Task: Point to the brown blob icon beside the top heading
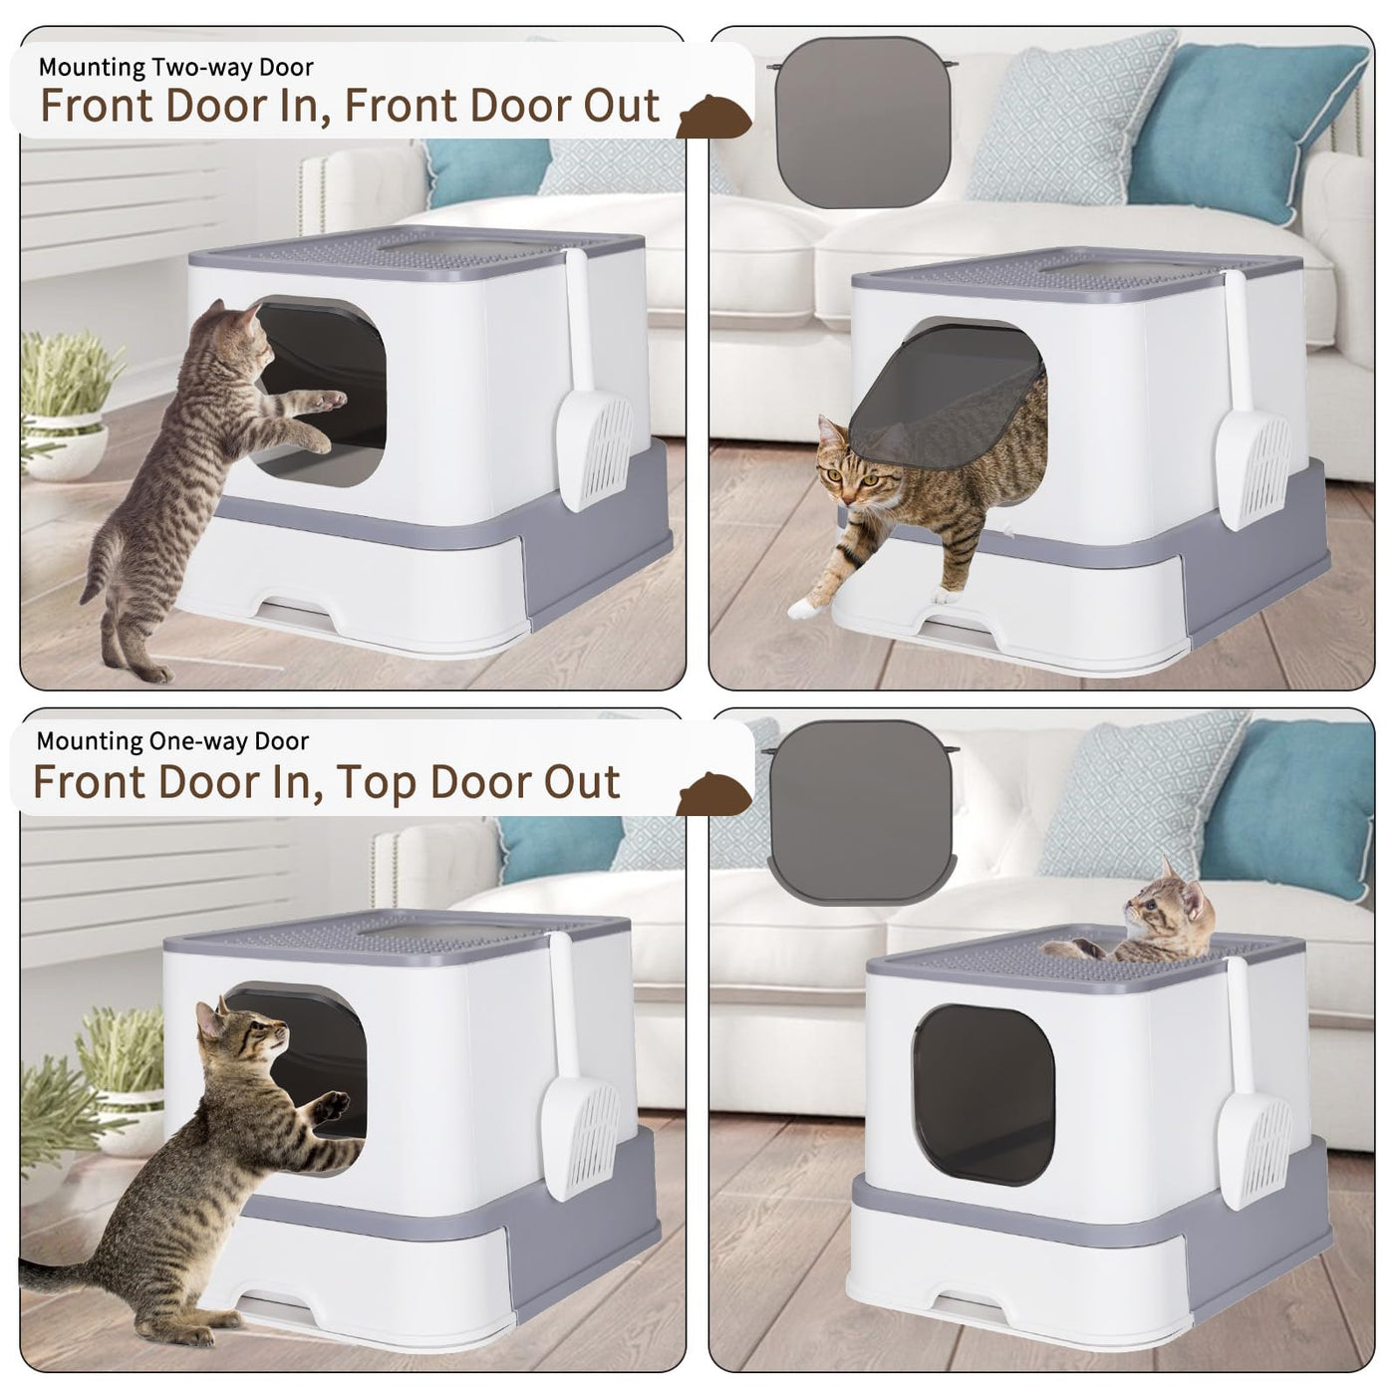(713, 116)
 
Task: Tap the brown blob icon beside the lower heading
(713, 794)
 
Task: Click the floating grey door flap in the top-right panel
(862, 122)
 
